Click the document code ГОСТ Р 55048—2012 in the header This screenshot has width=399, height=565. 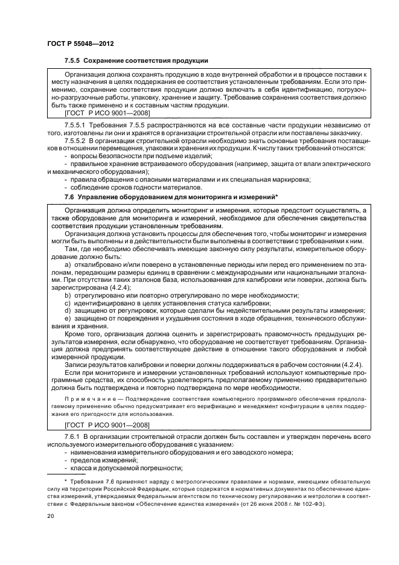pyautogui.click(x=81, y=44)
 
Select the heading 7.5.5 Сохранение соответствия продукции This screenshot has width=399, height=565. pyautogui.click(x=136, y=61)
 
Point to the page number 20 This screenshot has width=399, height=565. pyautogui.click(x=50, y=516)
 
